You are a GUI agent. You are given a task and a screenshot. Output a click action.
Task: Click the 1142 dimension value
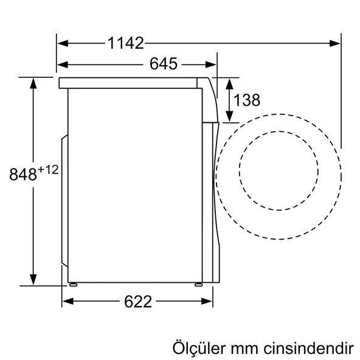coord(126,43)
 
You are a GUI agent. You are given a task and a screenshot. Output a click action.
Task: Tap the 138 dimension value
coord(247,100)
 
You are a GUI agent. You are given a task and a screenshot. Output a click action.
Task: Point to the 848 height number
coord(23,175)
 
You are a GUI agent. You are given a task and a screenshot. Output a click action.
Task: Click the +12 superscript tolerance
coord(48,169)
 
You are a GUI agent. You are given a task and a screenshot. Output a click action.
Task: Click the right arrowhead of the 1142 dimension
coord(336,43)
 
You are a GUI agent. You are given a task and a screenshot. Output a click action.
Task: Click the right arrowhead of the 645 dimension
coord(212,64)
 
